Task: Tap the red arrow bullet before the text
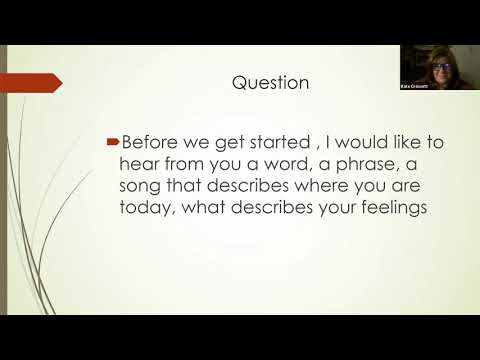point(112,143)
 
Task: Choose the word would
point(359,143)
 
